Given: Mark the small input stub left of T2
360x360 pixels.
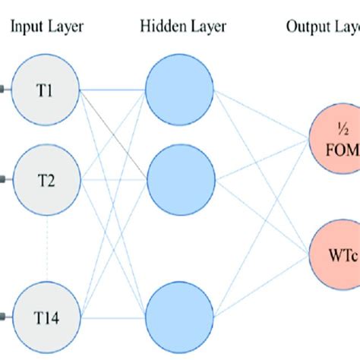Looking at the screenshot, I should pyautogui.click(x=5, y=180).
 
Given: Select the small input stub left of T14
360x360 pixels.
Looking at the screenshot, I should pyautogui.click(x=5, y=314).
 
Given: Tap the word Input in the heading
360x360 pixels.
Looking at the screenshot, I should pyautogui.click(x=26, y=27).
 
